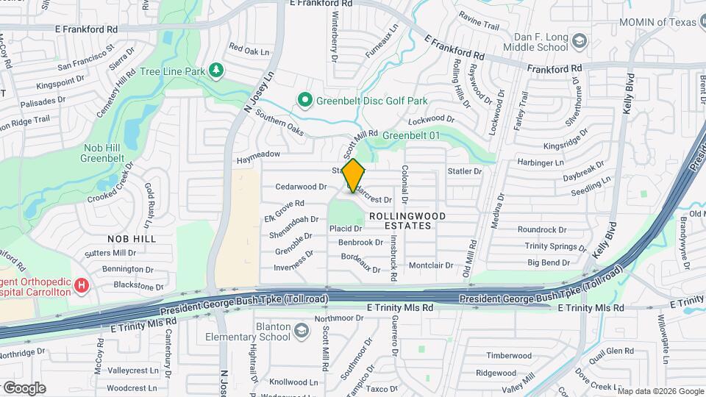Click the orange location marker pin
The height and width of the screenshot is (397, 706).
(354, 176)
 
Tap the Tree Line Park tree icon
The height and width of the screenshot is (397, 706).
(215, 71)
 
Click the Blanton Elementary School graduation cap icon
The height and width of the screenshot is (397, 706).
(300, 332)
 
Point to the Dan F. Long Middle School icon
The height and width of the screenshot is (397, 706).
(580, 41)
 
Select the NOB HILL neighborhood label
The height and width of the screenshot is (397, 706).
(132, 240)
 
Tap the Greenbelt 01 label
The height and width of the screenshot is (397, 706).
(414, 135)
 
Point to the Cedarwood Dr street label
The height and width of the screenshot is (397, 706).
(301, 187)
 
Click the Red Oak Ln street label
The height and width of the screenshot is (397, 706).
(249, 50)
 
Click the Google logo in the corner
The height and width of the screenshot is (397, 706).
(24, 387)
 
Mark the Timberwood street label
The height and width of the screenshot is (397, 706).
(508, 356)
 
